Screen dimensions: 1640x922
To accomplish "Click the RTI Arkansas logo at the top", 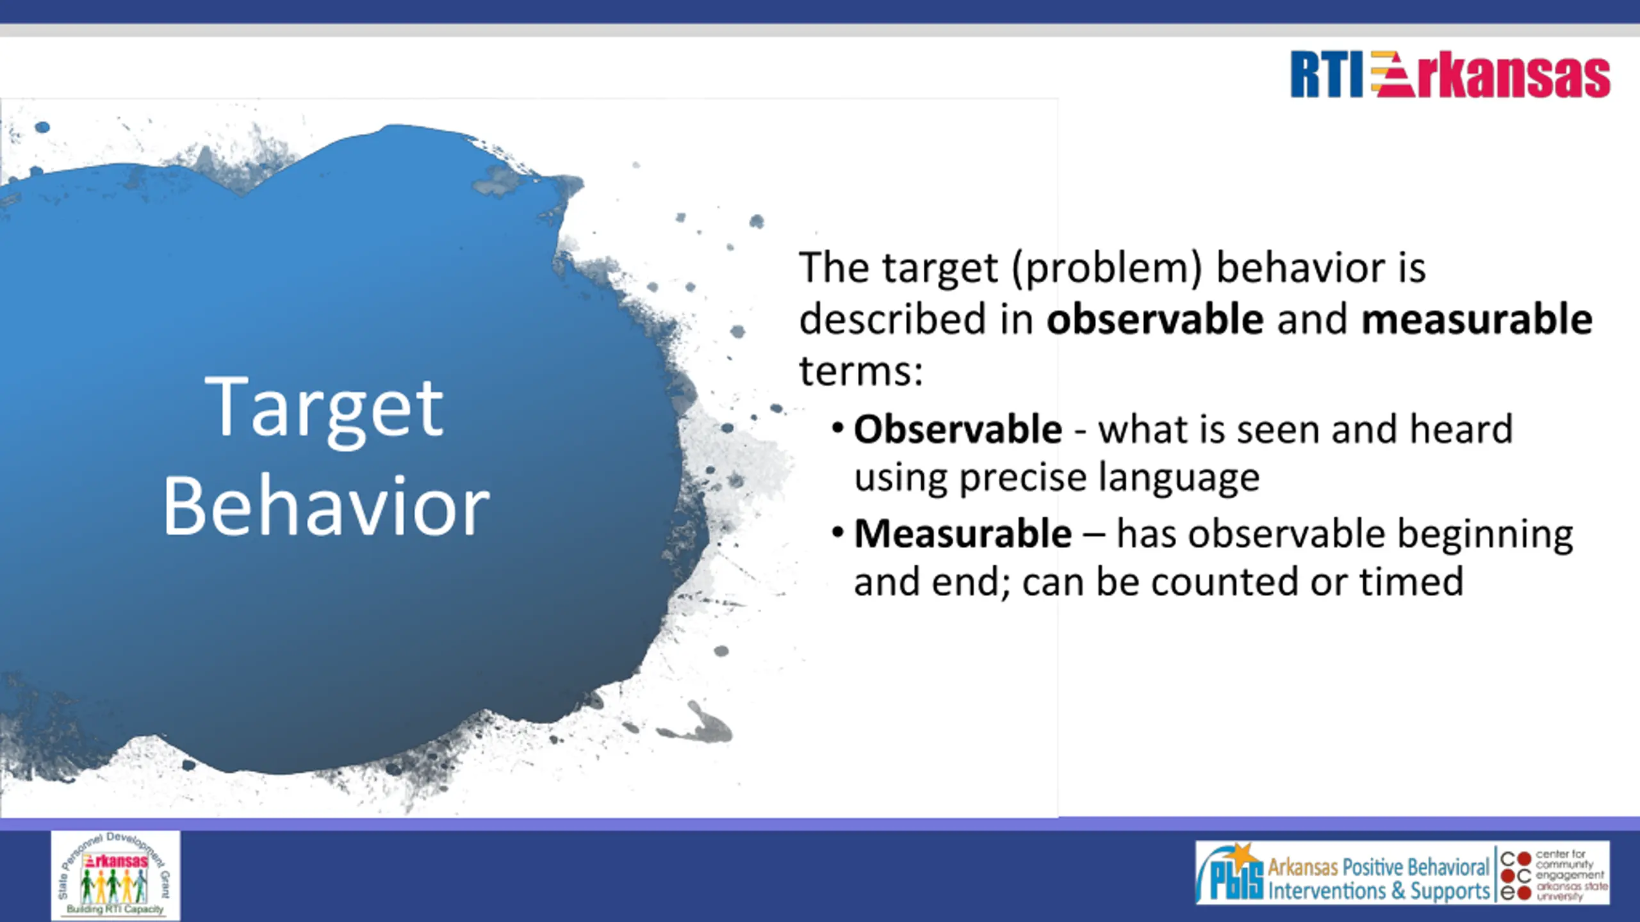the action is (1450, 75).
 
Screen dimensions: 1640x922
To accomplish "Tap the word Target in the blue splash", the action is (324, 410).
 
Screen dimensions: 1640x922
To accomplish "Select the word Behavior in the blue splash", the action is (326, 506).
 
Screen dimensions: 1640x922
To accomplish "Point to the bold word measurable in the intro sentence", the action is (1477, 319).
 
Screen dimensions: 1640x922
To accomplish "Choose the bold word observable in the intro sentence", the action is (1155, 319).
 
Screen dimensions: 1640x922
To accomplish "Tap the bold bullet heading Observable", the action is (958, 428).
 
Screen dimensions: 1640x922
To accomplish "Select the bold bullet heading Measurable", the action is (963, 533).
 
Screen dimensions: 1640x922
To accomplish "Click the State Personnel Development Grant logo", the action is (115, 875).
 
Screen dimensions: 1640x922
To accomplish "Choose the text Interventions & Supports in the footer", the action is (1379, 891).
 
